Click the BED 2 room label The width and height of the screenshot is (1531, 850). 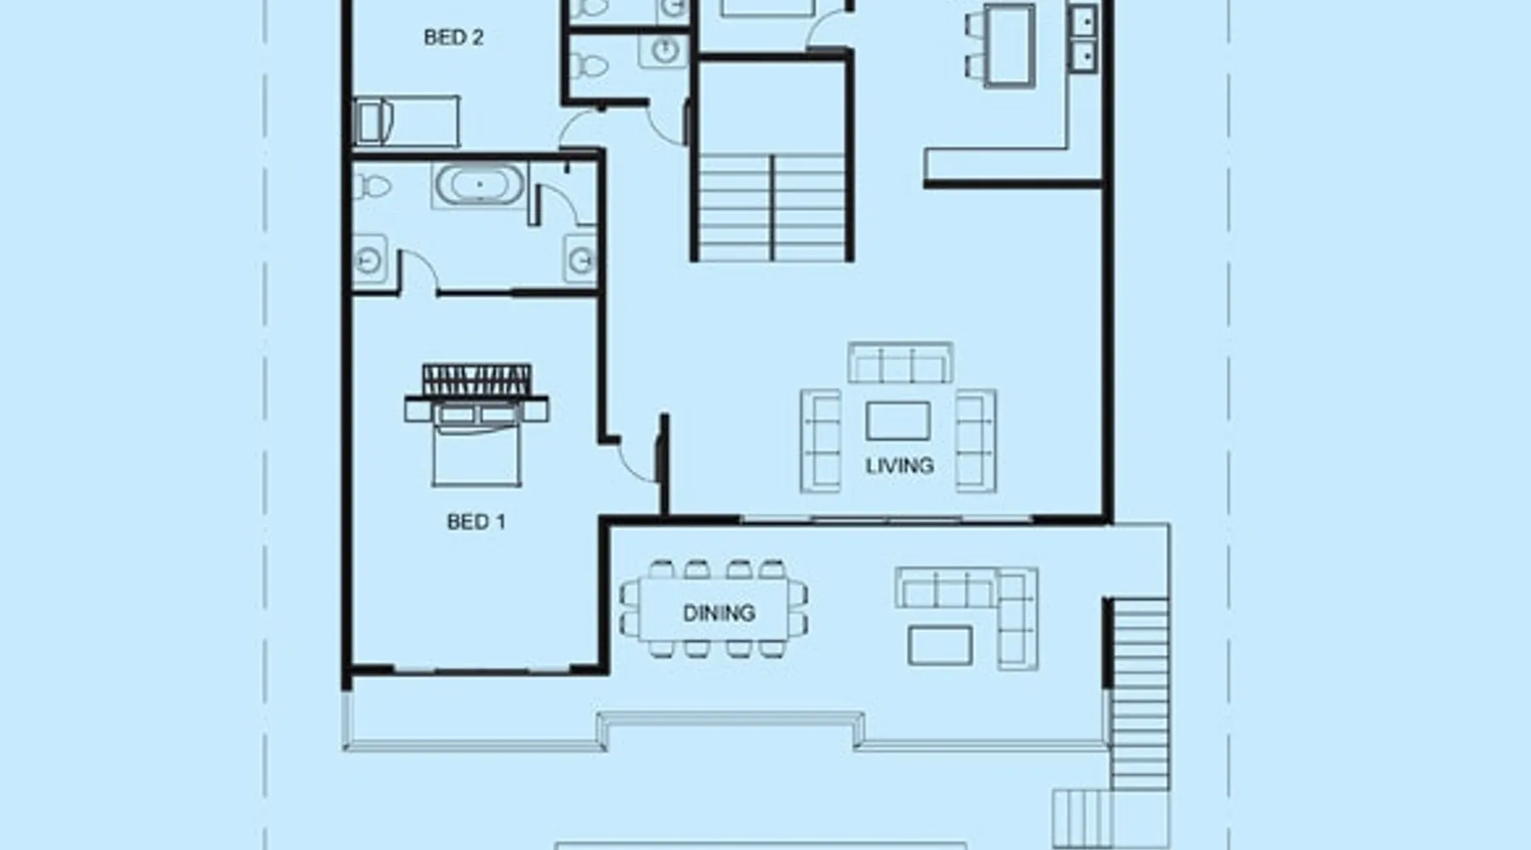[x=453, y=37]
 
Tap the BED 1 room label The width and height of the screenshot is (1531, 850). [x=476, y=522]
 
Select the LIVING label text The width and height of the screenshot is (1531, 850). [x=900, y=466]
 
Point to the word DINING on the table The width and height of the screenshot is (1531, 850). [x=719, y=613]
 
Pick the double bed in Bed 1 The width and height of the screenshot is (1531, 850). [x=476, y=442]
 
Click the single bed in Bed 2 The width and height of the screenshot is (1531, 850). [x=407, y=122]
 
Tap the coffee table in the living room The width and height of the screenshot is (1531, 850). [x=898, y=422]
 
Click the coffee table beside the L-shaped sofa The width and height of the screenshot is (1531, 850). [x=941, y=645]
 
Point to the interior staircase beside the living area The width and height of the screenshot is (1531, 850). [x=772, y=207]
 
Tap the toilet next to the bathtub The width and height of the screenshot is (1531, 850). [x=371, y=186]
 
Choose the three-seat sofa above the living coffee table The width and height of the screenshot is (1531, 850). [x=900, y=363]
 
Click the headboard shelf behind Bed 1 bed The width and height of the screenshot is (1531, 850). [x=477, y=380]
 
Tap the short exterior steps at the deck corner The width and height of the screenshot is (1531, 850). [x=1081, y=817]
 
